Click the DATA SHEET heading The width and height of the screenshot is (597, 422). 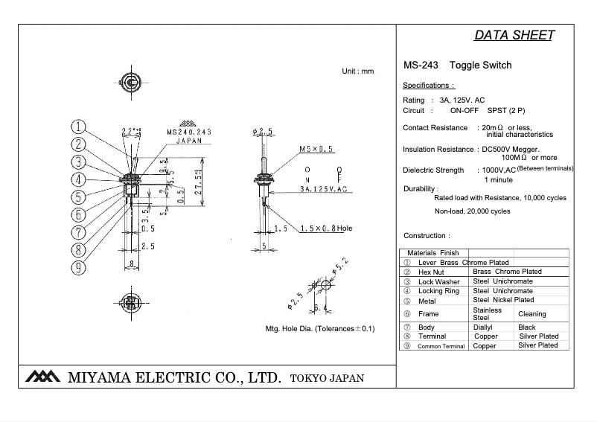click(x=513, y=36)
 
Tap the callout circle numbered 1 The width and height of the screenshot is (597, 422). click(x=79, y=127)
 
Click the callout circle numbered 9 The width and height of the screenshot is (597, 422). click(x=79, y=266)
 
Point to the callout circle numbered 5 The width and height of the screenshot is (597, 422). click(x=79, y=197)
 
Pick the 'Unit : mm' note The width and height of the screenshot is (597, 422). click(x=357, y=71)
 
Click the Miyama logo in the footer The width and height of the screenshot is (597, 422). click(x=42, y=377)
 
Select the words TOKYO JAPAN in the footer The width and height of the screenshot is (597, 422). click(x=328, y=378)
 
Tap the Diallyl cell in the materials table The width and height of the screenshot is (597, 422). click(x=485, y=327)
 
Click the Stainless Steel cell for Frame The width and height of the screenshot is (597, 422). click(x=488, y=314)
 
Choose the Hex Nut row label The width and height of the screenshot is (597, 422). click(x=431, y=272)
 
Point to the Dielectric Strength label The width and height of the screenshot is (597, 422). click(x=433, y=170)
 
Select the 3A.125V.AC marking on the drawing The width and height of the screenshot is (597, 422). click(x=324, y=190)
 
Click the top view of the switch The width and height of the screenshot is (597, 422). click(x=131, y=81)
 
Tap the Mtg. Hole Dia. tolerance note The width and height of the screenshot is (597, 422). click(x=319, y=328)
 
